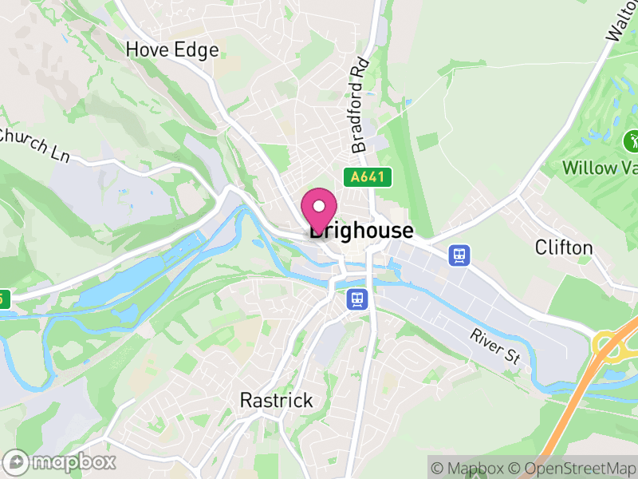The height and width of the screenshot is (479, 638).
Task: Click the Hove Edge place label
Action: click(x=172, y=49)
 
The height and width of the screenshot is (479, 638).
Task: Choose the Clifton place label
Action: click(x=564, y=247)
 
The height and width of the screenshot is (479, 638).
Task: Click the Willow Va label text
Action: click(x=600, y=168)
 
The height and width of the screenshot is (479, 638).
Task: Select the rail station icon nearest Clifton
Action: click(x=459, y=255)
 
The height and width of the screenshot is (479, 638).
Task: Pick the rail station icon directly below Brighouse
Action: click(x=356, y=299)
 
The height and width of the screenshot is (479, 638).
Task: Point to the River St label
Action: click(x=495, y=346)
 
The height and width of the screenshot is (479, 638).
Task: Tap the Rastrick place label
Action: click(x=277, y=400)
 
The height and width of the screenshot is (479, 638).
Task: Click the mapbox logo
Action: click(x=62, y=461)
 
